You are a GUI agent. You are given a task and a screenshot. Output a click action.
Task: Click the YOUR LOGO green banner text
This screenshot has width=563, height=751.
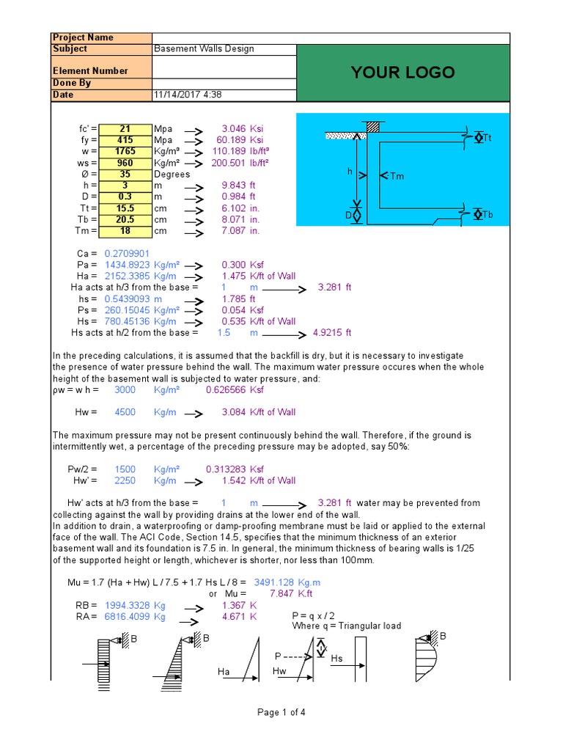click(402, 73)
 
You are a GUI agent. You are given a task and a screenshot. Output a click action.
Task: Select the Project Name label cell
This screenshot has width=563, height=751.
click(83, 38)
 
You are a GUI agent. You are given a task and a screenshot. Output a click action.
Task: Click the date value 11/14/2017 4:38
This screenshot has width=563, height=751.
click(188, 95)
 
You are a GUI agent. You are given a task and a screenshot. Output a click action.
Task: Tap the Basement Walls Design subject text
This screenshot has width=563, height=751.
click(204, 49)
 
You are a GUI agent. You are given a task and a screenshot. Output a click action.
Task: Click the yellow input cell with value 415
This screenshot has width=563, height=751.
click(125, 140)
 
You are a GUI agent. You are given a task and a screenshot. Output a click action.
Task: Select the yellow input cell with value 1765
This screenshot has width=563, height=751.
click(125, 151)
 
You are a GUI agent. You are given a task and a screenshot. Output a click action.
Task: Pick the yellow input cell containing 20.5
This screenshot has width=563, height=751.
click(125, 220)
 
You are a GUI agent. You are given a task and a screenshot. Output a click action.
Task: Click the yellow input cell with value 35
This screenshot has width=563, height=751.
click(125, 175)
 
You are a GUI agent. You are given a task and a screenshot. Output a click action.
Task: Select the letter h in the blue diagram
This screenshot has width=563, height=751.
click(350, 171)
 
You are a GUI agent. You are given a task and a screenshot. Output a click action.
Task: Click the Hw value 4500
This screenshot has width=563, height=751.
click(125, 412)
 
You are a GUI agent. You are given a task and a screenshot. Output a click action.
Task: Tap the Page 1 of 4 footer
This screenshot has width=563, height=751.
click(281, 712)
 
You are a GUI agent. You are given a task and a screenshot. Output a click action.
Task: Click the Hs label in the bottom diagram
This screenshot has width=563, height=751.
click(336, 659)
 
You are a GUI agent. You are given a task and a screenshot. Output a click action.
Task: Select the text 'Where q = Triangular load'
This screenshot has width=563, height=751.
click(347, 626)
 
